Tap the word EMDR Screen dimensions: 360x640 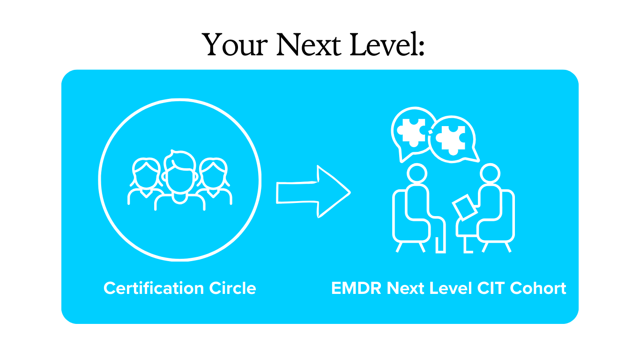pyautogui.click(x=357, y=288)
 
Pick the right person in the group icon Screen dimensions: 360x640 pyautogui.click(x=214, y=178)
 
